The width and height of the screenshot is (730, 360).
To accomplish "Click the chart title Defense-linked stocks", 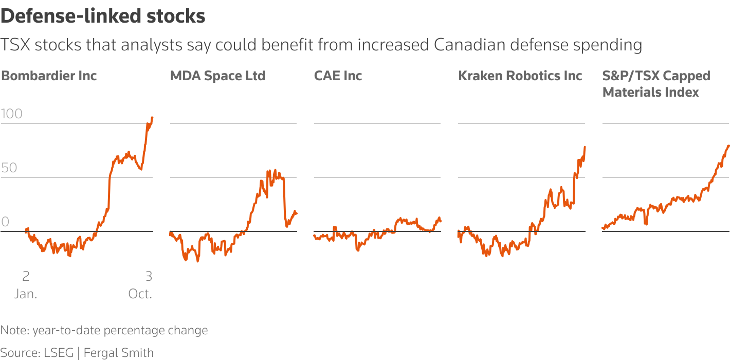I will coord(103,16).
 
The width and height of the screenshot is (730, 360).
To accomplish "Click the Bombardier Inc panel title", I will coord(49,76).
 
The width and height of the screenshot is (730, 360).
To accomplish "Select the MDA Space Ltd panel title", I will coord(217,76).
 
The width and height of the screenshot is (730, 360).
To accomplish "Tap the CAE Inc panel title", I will coord(338,76).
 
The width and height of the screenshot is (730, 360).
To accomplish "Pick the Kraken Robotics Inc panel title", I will coord(520,76).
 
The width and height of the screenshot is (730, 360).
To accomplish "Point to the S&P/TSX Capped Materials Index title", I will coord(656,84).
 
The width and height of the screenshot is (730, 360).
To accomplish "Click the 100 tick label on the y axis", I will coord(12,114).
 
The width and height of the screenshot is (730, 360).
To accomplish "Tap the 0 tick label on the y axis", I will coord(6,222).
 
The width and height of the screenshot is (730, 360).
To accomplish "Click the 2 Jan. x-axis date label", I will coord(25,285).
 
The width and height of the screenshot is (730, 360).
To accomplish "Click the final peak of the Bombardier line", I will coord(152,118).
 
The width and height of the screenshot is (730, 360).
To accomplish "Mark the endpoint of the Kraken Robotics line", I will coord(585,147).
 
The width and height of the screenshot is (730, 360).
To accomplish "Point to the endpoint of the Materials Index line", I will coord(728,146).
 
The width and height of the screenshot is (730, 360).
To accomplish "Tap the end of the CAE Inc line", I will coord(441,221).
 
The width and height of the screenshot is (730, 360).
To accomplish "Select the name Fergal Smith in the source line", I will coord(118,353).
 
